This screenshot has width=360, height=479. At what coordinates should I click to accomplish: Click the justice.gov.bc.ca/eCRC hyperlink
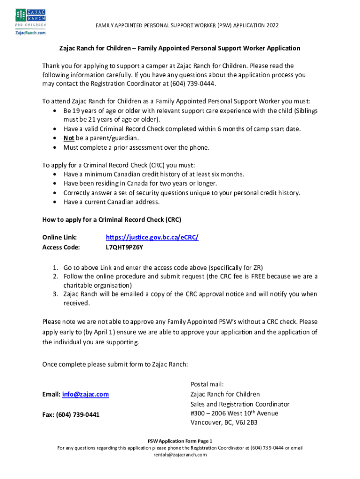152,237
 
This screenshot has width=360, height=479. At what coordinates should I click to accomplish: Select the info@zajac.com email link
85,394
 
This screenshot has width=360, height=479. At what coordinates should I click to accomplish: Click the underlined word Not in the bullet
68,138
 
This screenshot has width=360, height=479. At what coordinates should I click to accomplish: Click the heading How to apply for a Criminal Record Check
112,219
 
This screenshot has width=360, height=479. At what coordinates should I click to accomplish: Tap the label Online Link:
59,237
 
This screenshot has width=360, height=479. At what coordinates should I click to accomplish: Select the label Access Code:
61,247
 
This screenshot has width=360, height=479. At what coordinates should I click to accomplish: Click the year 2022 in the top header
272,25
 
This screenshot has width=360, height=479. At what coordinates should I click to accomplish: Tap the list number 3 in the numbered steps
54,294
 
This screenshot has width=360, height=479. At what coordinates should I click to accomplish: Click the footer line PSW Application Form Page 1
180,441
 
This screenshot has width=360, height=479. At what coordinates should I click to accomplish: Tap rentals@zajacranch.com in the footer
180,454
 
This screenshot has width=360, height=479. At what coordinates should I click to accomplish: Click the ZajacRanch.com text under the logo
30,33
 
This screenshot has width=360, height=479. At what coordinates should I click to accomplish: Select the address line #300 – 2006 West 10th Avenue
234,413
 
